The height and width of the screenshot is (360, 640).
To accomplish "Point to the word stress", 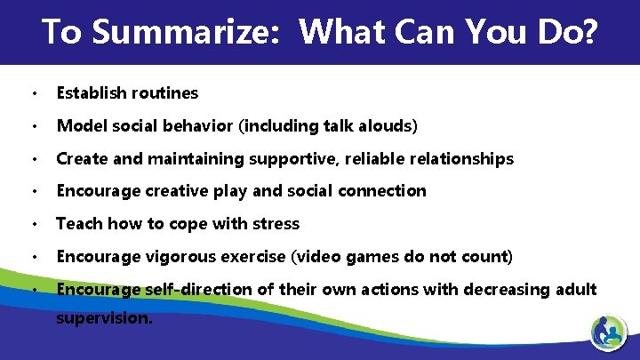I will (275, 224).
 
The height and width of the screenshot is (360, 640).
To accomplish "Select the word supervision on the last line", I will (103, 316).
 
